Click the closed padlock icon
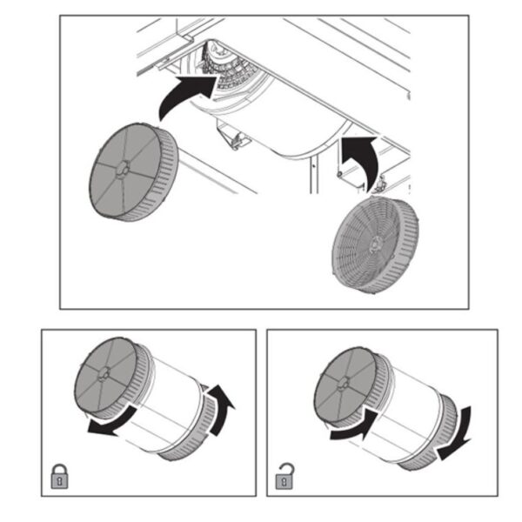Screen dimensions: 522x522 click(x=57, y=477)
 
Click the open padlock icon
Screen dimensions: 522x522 click(x=284, y=476)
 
